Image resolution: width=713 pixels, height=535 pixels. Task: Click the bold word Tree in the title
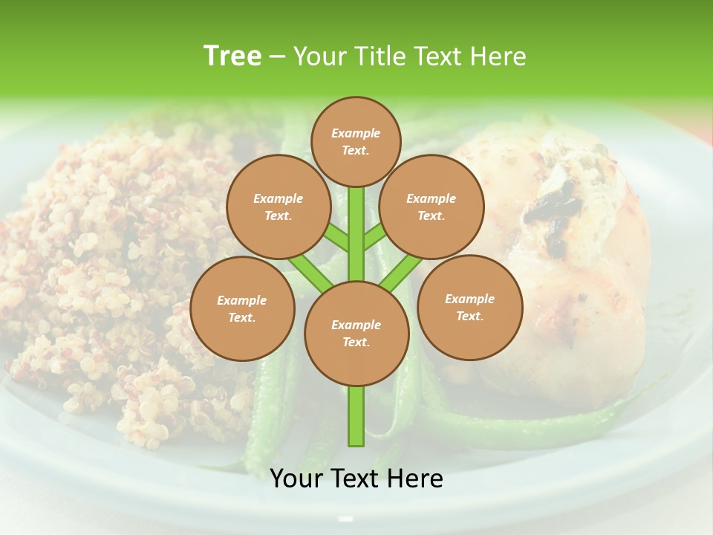click(232, 56)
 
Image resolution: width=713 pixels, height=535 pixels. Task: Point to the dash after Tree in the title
click(277, 57)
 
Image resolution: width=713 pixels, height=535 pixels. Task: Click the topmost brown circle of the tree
click(356, 141)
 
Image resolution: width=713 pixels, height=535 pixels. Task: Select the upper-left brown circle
click(279, 207)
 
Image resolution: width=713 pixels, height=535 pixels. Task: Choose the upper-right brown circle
click(432, 207)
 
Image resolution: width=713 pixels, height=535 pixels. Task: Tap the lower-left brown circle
click(242, 308)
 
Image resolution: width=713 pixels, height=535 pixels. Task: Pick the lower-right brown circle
click(469, 307)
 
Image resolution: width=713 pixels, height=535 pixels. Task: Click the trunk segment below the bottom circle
click(356, 416)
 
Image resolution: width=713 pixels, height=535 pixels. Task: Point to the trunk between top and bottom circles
click(356, 234)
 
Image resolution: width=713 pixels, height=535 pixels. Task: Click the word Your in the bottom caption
click(296, 479)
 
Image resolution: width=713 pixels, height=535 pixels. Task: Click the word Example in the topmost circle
click(356, 133)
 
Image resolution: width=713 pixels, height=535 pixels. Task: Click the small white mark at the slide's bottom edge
click(345, 519)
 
